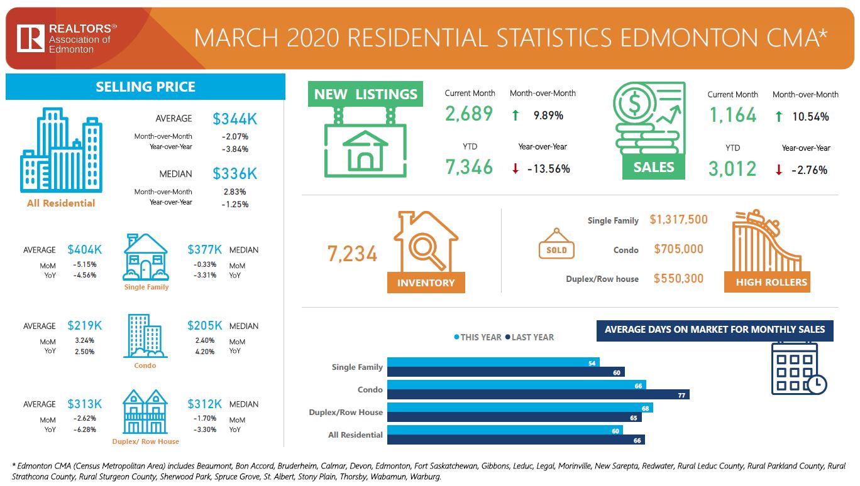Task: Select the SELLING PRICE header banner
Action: [145, 87]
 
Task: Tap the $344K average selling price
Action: [234, 119]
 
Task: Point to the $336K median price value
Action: [234, 173]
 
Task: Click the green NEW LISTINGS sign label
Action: [365, 94]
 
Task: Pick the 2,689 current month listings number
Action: [469, 114]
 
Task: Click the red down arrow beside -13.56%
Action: [515, 169]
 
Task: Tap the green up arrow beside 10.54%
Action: [779, 116]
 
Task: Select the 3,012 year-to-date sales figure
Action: [732, 169]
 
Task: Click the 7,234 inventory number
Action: [352, 254]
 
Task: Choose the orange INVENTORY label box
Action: [426, 283]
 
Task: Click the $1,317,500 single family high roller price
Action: [678, 219]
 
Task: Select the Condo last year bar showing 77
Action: [538, 394]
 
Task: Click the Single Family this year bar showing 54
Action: [493, 362]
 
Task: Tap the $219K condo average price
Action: [85, 326]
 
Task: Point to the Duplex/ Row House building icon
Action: [145, 412]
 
